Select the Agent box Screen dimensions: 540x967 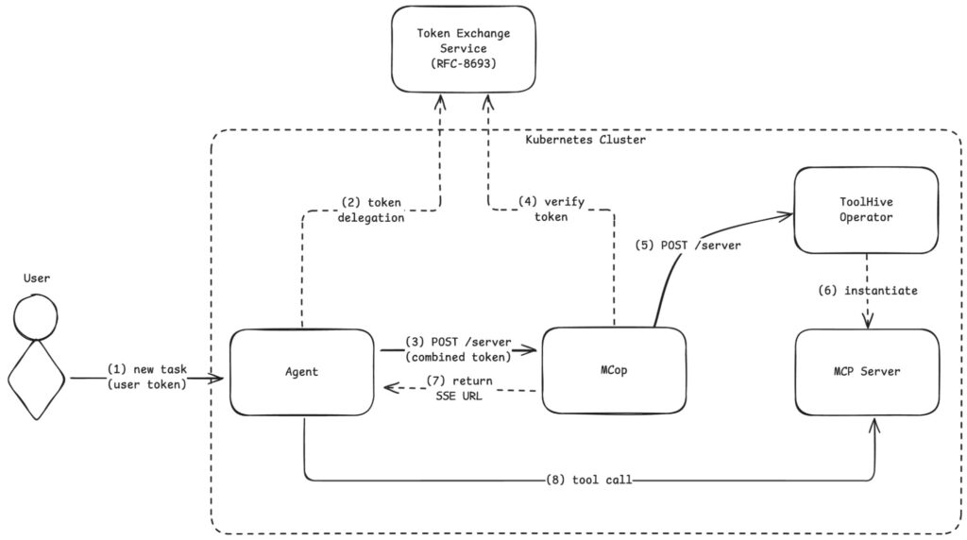tap(302, 371)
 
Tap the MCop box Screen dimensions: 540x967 tap(614, 370)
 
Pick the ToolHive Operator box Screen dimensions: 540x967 tap(866, 210)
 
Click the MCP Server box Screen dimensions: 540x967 tap(867, 371)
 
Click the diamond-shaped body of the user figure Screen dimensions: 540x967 tap(36, 380)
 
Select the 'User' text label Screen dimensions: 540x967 tap(36, 278)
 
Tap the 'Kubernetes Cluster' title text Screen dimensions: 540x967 tap(585, 140)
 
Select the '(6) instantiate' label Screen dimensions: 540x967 tap(867, 291)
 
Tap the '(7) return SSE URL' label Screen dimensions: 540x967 tap(459, 387)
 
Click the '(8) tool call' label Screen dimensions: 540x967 tap(588, 481)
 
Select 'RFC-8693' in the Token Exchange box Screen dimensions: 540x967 tap(463, 63)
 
